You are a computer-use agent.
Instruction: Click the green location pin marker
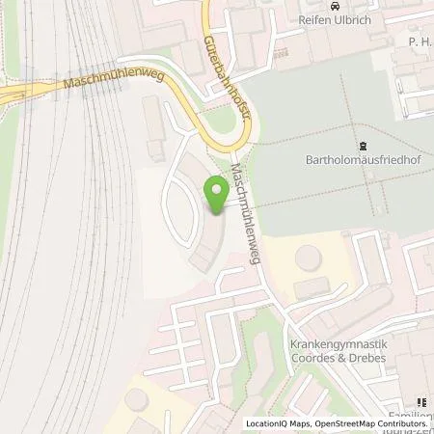pos(217,198)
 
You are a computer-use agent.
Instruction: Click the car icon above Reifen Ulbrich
pos(335,8)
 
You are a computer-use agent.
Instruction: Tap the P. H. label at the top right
pos(418,42)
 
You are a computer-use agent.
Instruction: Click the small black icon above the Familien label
pos(420,402)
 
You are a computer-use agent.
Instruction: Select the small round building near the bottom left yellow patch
pos(137,401)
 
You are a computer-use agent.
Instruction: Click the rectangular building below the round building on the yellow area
pos(310,286)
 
